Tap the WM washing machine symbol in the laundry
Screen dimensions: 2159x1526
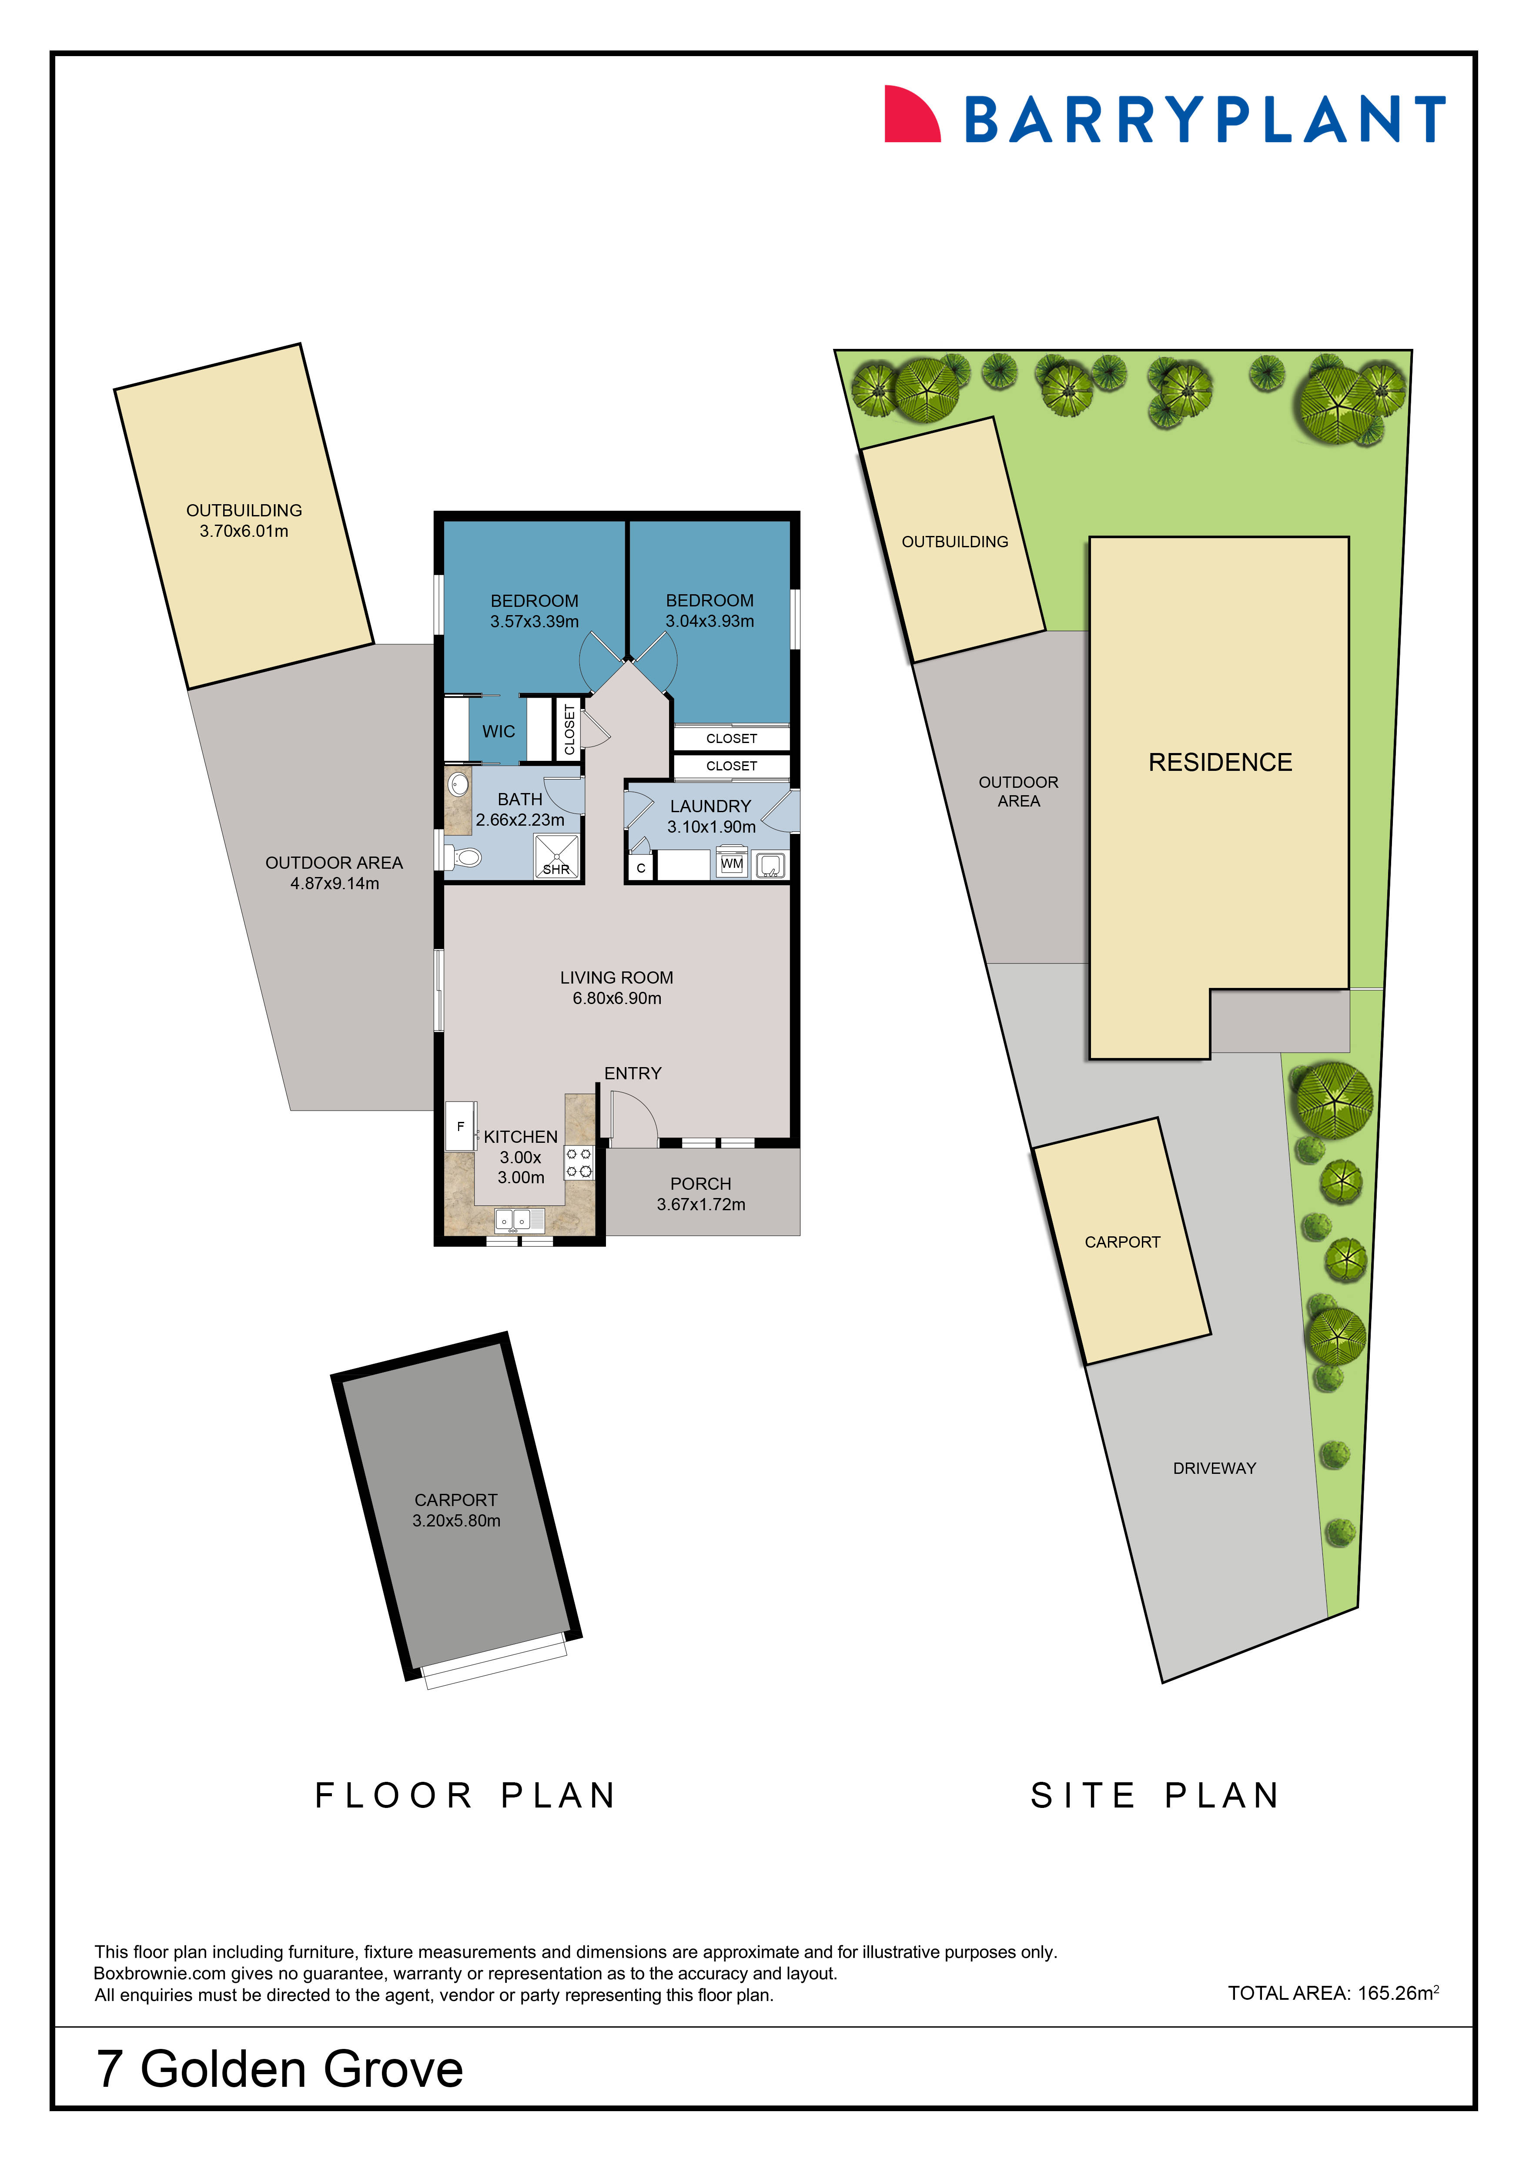pyautogui.click(x=732, y=863)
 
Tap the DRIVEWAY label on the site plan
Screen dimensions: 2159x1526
pyautogui.click(x=1214, y=1468)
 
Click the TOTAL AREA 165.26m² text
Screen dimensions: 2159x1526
pyautogui.click(x=1332, y=1992)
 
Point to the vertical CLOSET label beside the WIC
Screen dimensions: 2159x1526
pyautogui.click(x=569, y=730)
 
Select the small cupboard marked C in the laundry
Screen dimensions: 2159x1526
pyautogui.click(x=640, y=867)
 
